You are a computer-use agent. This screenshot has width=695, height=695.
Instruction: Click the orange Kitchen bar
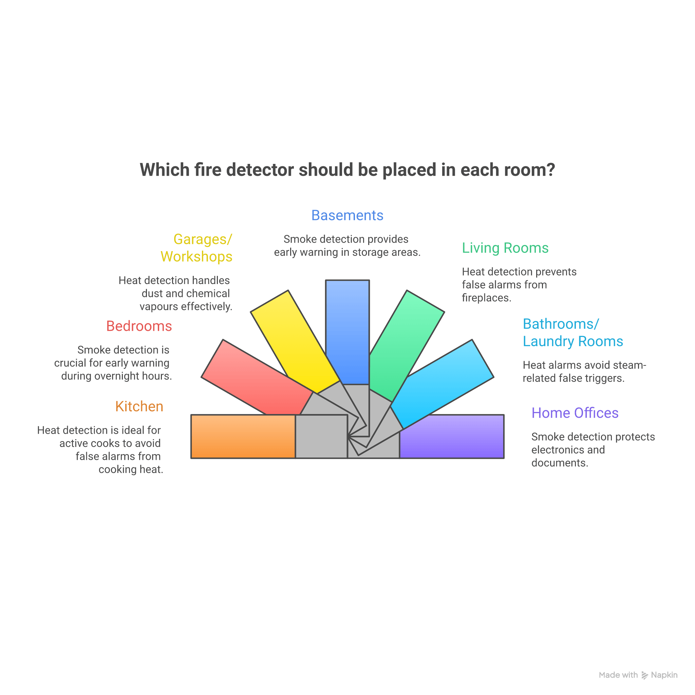pyautogui.click(x=243, y=436)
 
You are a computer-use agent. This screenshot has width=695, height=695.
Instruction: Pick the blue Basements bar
pyautogui.click(x=347, y=331)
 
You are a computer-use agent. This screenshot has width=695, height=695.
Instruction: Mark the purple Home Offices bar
pyautogui.click(x=451, y=436)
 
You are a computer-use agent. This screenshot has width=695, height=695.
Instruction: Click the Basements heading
pyautogui.click(x=347, y=215)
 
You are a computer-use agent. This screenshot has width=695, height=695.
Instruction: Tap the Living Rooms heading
pyautogui.click(x=505, y=248)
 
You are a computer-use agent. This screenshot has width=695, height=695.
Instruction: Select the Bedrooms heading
pyautogui.click(x=139, y=326)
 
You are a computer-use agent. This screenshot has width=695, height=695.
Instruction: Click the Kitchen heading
pyautogui.click(x=139, y=407)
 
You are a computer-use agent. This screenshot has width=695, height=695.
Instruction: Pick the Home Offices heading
pyautogui.click(x=575, y=413)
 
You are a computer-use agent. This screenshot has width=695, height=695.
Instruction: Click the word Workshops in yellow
pyautogui.click(x=196, y=257)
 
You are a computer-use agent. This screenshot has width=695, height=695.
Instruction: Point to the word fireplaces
pyautogui.click(x=486, y=298)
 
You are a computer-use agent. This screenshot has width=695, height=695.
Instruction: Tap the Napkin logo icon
pyautogui.click(x=645, y=675)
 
